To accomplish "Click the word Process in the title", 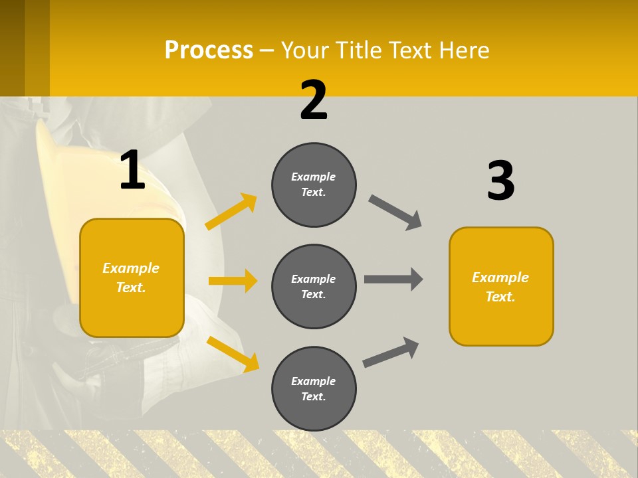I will [209, 50].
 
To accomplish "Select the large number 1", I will [132, 171].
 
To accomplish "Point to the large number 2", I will [314, 100].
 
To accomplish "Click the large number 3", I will [500, 181].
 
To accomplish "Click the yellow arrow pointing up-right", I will [231, 211].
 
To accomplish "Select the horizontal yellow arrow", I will [233, 281].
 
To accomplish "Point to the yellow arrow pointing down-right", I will [233, 353].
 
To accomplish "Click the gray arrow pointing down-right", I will [395, 212].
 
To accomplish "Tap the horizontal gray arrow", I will [393, 279].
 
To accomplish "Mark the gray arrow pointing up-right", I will [391, 352].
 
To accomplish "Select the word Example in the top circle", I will [314, 177].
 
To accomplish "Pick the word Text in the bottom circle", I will [312, 396].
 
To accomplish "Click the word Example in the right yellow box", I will [500, 278].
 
